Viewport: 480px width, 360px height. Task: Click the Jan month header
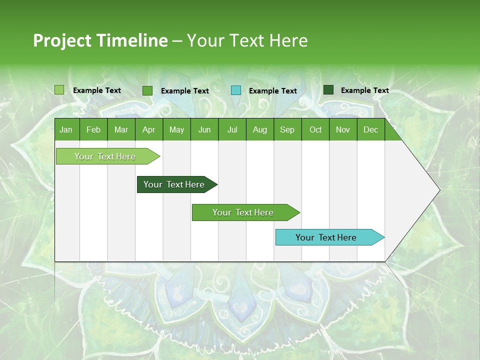66,129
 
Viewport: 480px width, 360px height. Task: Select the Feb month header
93,129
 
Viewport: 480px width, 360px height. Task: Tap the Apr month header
148,129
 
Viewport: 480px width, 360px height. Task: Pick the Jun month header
204,129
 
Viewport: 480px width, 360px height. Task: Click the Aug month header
259,129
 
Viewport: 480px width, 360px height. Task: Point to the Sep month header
287,129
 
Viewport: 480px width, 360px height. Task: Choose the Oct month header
315,129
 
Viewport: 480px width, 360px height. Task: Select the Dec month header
370,129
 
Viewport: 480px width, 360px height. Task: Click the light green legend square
59,90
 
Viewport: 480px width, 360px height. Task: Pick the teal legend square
236,90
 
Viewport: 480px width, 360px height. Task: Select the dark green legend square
328,90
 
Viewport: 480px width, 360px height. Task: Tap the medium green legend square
147,90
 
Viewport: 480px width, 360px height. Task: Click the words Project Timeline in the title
100,40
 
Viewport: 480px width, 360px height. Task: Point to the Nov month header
343,129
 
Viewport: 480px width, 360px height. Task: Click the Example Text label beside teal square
273,91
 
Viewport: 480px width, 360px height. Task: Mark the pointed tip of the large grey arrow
439,190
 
